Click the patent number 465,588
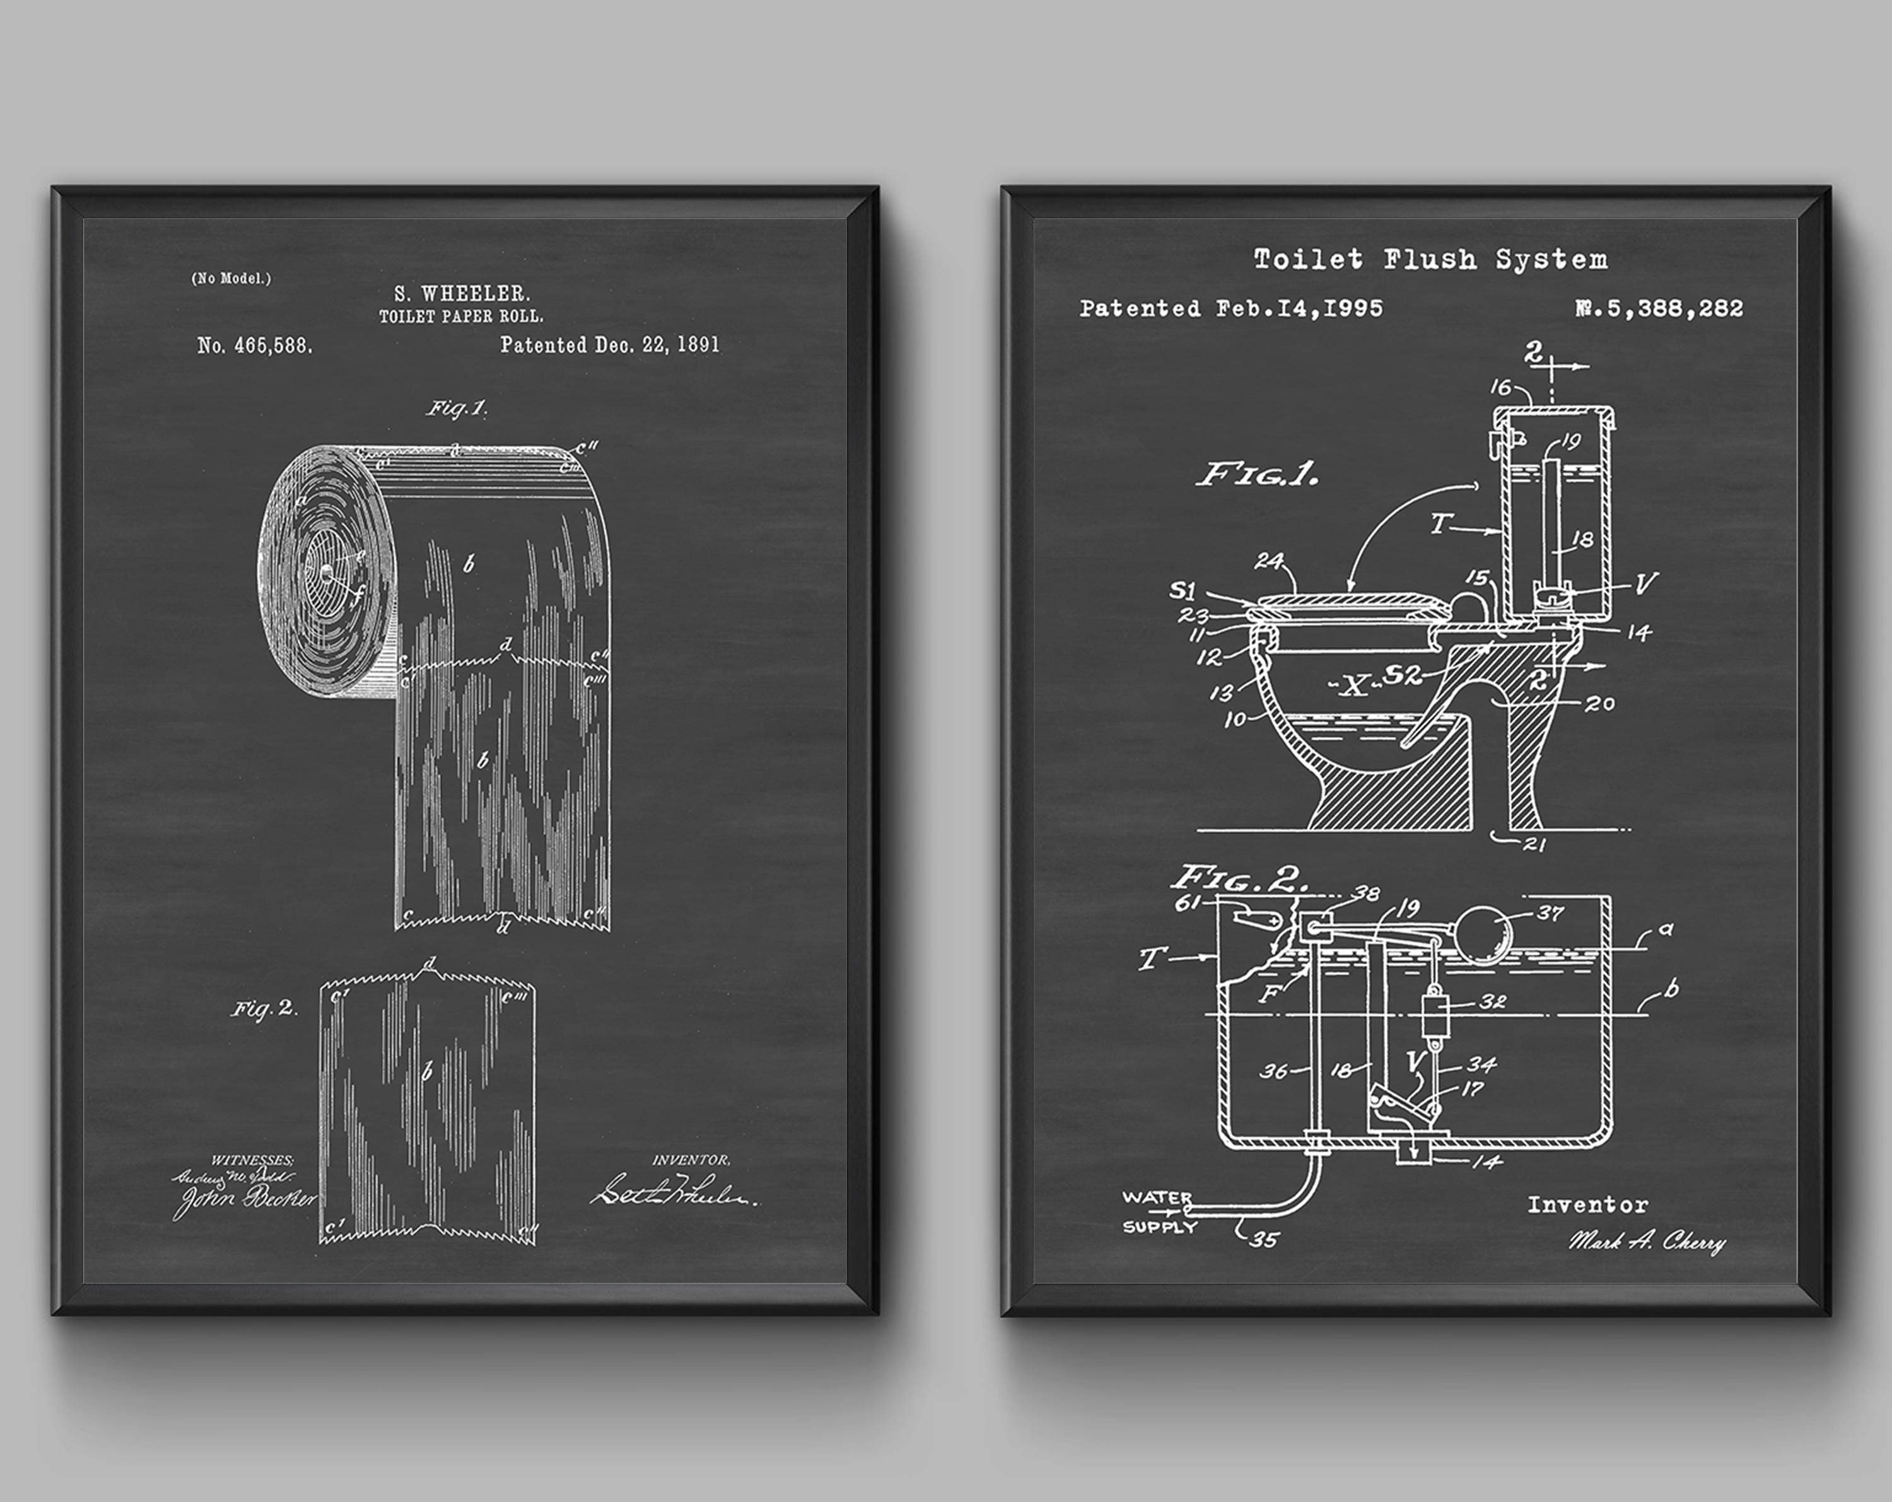tap(255, 346)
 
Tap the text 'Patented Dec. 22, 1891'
tap(610, 345)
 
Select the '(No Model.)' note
tap(231, 278)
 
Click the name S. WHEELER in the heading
tap(462, 294)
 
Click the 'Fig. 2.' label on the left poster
tap(265, 1009)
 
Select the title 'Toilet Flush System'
tap(1430, 260)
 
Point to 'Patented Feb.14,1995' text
tap(1230, 309)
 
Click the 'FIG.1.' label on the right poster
tap(1258, 475)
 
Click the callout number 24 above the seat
tap(1268, 561)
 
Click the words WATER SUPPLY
tap(1159, 1211)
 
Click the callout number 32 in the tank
tap(1493, 1001)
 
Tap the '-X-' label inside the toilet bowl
tap(1354, 686)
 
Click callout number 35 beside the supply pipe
tap(1264, 1239)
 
